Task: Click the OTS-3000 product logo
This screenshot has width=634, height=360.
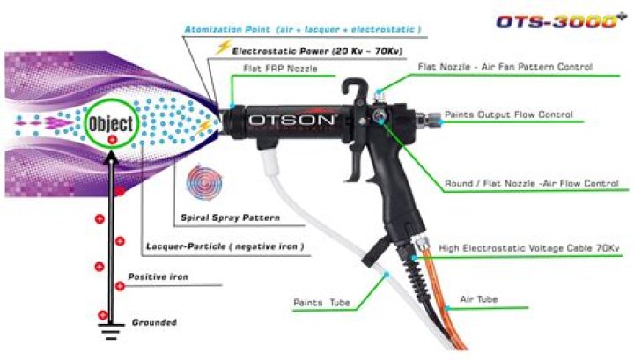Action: click(567, 21)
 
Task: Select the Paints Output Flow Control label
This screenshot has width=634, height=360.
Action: click(509, 114)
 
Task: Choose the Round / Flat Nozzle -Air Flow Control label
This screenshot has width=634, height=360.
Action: click(531, 183)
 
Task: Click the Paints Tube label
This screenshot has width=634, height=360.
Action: click(321, 303)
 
